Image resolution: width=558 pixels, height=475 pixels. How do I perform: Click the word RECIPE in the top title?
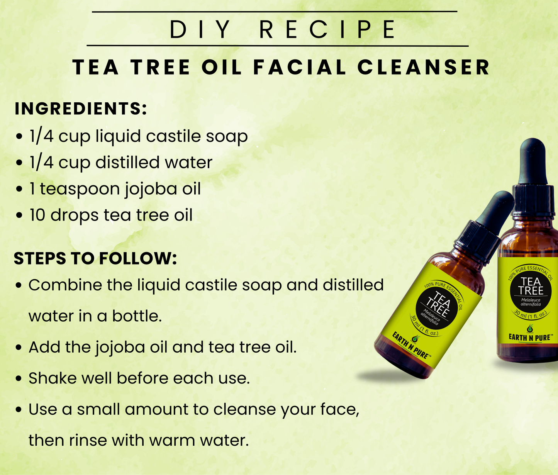point(327,29)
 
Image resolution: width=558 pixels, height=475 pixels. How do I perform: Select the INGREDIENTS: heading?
point(81,109)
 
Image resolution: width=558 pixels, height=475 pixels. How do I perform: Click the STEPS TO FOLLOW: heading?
point(95,258)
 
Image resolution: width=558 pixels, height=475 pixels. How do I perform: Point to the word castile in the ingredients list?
point(174,136)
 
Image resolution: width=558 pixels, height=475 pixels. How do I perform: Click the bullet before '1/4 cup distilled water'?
point(19,163)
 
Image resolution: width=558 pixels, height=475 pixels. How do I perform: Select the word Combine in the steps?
point(65,285)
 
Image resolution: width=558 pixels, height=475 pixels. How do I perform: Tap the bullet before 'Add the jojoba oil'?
point(19,348)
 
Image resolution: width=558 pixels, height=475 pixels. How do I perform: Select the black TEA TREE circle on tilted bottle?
point(436,308)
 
